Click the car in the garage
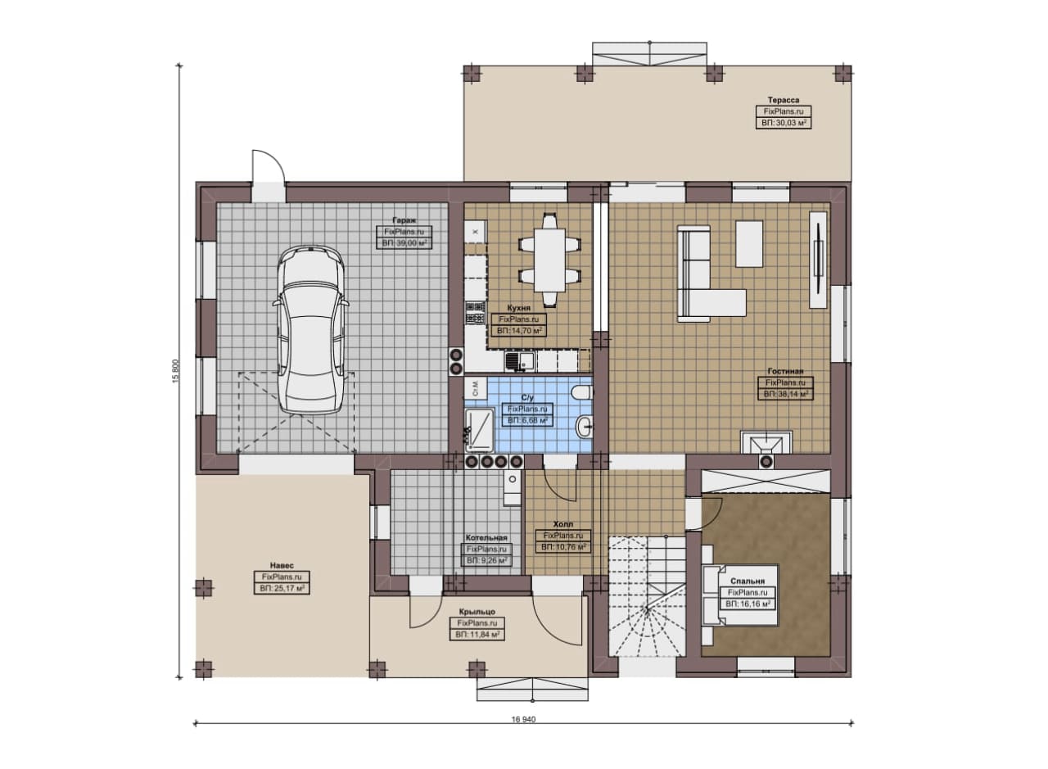311,330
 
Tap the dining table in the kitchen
549,260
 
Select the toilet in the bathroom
582,392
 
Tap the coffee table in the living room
749,243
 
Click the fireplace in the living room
766,443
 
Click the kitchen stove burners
475,313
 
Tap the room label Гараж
404,220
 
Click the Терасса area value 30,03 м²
784,123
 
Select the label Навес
282,565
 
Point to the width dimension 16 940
523,719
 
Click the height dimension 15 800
175,371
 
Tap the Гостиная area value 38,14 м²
785,394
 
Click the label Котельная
486,538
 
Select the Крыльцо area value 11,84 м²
477,636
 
